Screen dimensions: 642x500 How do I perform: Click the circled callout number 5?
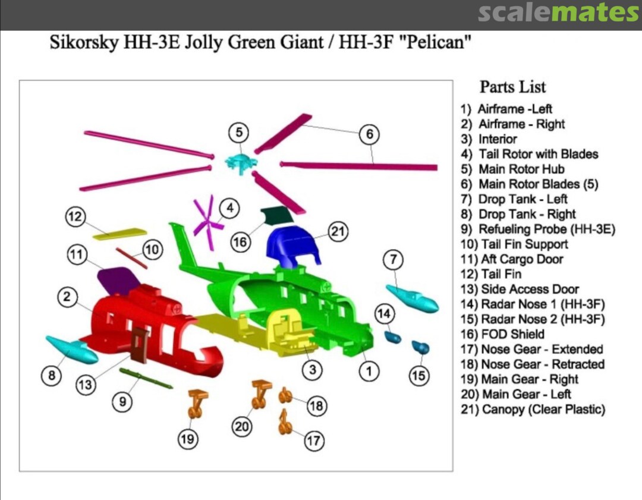point(239,132)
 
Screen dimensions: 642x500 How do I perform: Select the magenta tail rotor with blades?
point(208,222)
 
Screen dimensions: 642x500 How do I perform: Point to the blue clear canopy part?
point(292,246)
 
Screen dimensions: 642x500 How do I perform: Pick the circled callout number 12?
point(75,216)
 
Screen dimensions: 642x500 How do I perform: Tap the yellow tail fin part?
point(119,234)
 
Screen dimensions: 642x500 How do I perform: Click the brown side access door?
point(140,345)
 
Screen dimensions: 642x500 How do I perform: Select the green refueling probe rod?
point(146,378)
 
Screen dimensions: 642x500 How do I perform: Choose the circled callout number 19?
point(187,439)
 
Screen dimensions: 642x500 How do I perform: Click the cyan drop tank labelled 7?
point(413,298)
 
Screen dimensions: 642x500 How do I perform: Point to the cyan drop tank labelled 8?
point(72,350)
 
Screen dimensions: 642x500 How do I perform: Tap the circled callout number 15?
point(419,376)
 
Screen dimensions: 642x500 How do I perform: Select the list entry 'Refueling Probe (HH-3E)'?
point(537,229)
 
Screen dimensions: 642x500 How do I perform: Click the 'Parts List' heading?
point(512,87)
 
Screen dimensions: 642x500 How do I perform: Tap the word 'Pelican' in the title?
point(438,42)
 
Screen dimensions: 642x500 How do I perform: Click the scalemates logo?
point(559,12)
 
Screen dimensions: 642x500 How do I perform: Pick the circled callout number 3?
point(313,370)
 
